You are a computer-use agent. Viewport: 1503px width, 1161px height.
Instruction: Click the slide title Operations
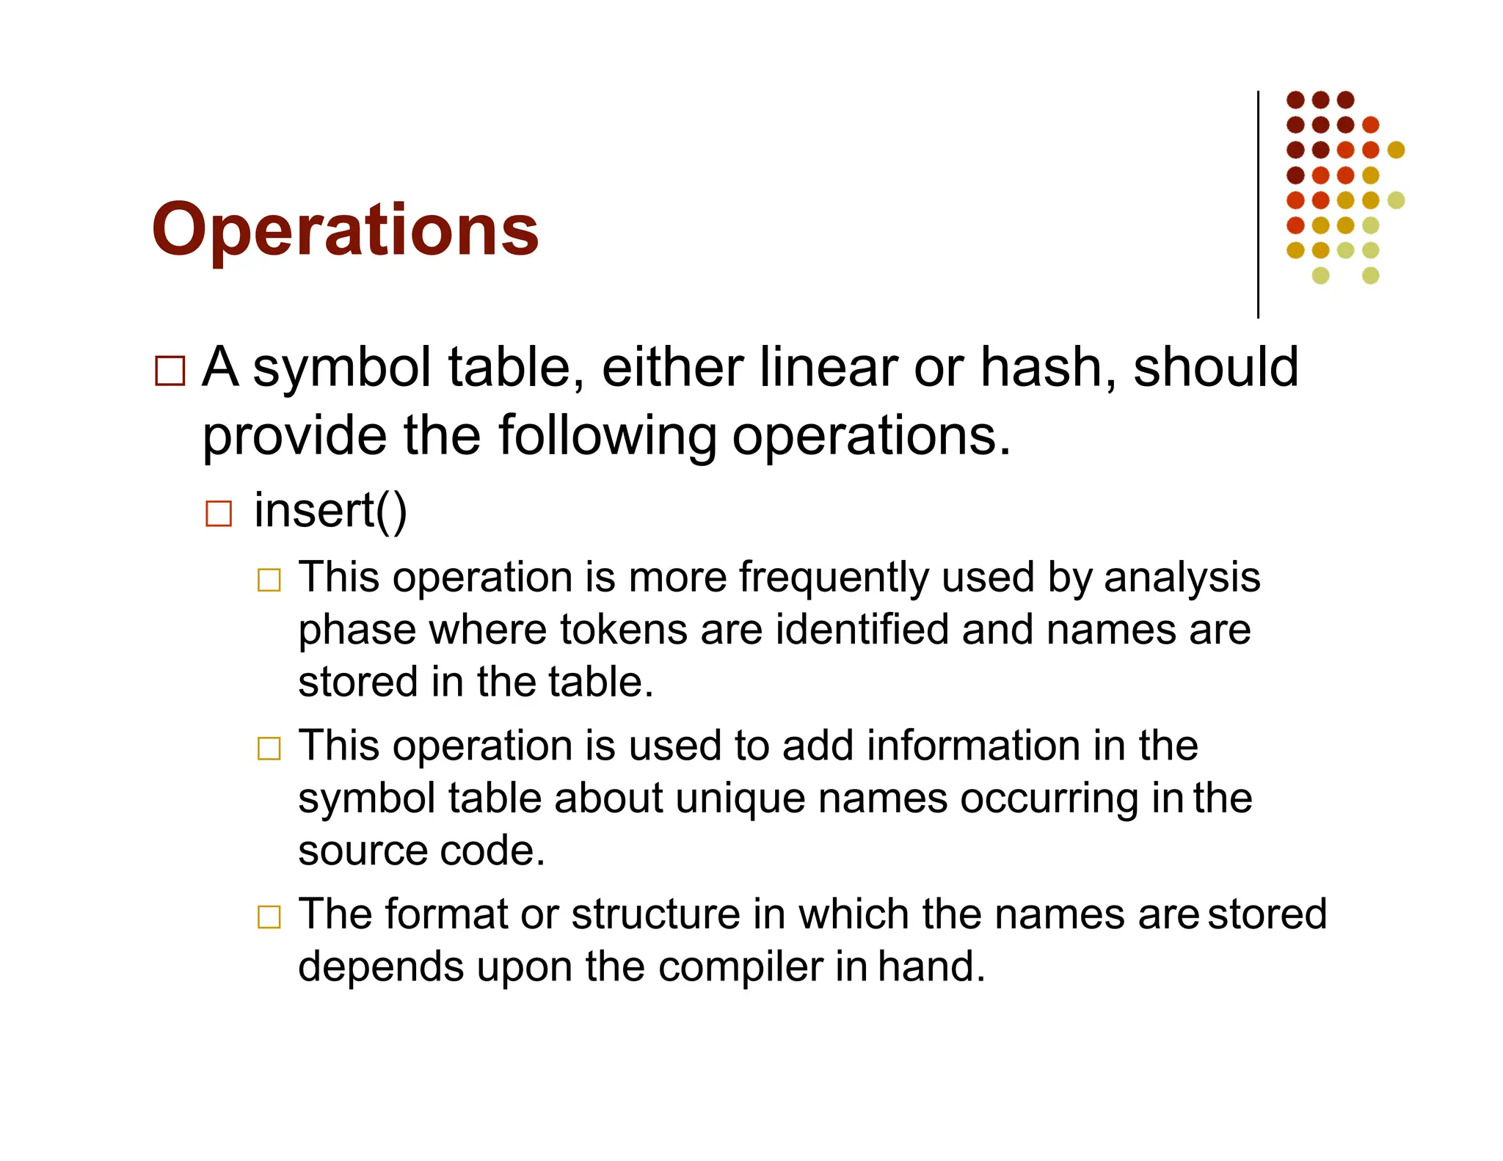(x=345, y=230)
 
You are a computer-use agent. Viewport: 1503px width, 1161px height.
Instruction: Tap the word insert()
(x=330, y=511)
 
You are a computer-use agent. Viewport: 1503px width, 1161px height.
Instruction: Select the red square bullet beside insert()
(x=219, y=514)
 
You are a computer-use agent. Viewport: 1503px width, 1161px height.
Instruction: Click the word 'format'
(x=446, y=914)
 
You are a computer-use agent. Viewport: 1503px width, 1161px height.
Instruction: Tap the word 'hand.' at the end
(x=931, y=966)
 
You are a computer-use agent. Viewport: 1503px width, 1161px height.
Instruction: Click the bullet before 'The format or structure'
(x=269, y=917)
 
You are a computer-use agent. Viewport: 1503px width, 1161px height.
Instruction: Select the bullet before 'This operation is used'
(x=269, y=749)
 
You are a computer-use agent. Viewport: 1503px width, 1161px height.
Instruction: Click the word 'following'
(x=608, y=436)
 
